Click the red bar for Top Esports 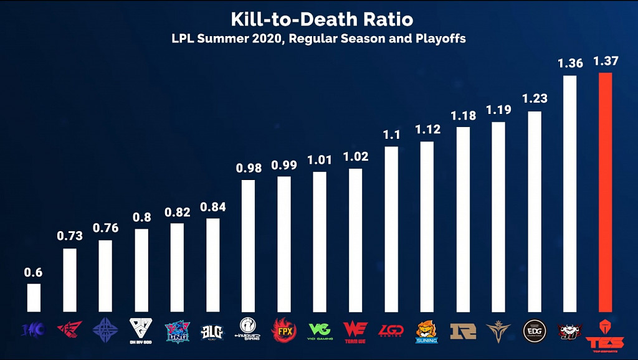[x=605, y=192]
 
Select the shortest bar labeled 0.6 [x=33, y=298]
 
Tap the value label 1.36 [x=569, y=63]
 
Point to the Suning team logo [x=427, y=331]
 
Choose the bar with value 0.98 [x=248, y=245]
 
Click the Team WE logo [x=355, y=330]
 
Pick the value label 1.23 [x=534, y=98]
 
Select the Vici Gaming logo [x=320, y=330]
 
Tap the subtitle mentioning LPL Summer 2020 [x=319, y=39]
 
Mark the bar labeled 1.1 [x=391, y=229]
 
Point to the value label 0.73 [x=69, y=235]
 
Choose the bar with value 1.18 [x=463, y=219]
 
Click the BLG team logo [x=212, y=331]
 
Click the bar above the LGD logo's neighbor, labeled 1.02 [x=355, y=240]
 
